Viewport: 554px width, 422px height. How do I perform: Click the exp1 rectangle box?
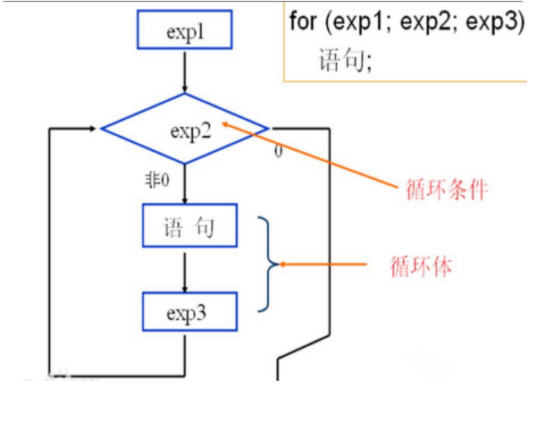tap(184, 30)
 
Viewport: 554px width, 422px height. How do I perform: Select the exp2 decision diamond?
tap(184, 129)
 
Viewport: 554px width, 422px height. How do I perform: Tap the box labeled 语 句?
tap(189, 226)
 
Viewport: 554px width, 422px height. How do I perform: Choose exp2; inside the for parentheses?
tap(424, 21)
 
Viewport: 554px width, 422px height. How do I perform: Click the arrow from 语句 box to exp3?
tap(185, 270)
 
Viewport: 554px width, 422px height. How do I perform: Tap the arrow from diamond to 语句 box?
tap(185, 184)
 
